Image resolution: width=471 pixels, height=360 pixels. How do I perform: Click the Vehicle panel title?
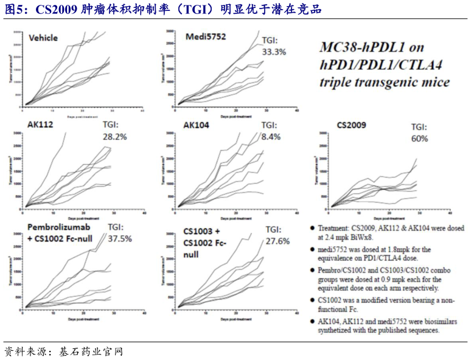tap(43, 38)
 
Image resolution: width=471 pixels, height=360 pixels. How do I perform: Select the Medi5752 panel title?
tap(205, 37)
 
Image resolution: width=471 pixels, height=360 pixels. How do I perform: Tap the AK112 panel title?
tap(40, 125)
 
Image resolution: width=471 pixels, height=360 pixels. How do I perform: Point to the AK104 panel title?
tap(197, 125)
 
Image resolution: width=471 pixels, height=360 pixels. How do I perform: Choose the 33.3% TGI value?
tap(273, 52)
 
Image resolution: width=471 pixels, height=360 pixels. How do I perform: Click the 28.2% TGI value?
tap(114, 137)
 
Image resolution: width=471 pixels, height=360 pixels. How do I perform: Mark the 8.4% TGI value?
tap(271, 137)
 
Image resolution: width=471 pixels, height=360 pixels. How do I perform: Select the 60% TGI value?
tap(419, 139)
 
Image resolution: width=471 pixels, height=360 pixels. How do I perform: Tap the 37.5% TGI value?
tap(119, 238)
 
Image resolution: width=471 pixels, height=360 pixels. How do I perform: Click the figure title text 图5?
tap(14, 10)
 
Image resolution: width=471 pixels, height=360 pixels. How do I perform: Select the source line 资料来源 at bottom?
tap(24, 351)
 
